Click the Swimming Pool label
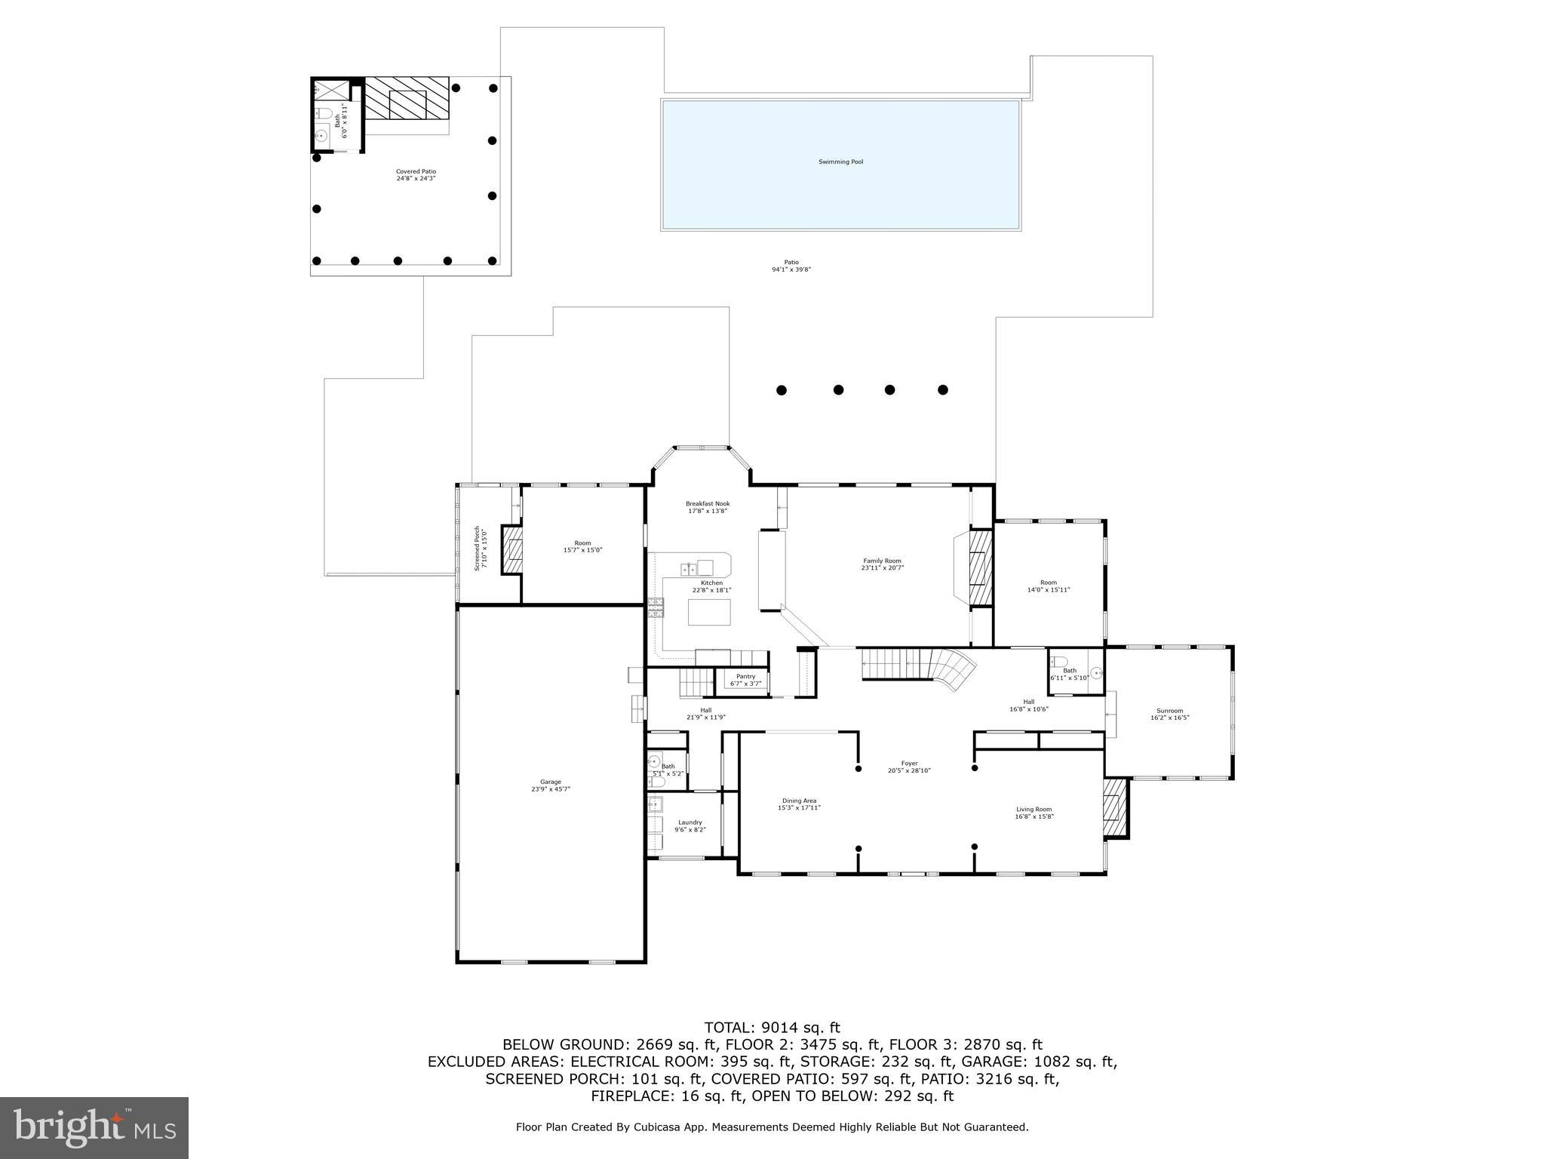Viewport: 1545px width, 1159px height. pos(840,161)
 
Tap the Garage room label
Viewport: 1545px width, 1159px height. pos(550,785)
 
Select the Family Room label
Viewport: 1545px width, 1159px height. pos(882,564)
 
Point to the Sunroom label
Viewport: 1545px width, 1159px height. pos(1169,714)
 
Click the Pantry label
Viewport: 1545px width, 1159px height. pos(745,680)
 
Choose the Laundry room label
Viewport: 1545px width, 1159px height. pos(690,825)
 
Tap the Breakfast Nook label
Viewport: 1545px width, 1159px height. pos(707,507)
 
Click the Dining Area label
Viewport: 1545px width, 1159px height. pos(798,804)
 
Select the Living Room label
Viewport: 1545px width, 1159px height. pos(1033,812)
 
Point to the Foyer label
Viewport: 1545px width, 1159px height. pos(909,767)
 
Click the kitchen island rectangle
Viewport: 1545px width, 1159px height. pos(709,612)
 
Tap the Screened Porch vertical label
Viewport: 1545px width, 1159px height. pos(481,548)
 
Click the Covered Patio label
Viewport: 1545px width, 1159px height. pos(416,174)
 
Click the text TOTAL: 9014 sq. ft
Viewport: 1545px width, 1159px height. pos(772,1027)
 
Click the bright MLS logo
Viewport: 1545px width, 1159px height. pos(94,1127)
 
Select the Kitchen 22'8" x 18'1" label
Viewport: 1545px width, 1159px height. pos(711,586)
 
